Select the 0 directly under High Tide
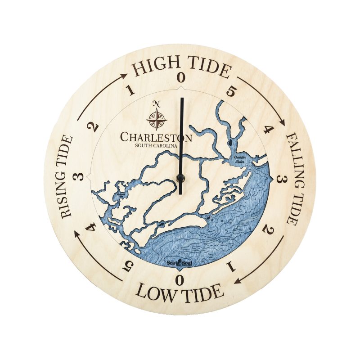(181, 77)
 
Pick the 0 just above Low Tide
(180, 280)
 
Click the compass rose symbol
(157, 119)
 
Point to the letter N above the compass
(157, 103)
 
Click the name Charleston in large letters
(156, 137)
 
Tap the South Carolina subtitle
(156, 145)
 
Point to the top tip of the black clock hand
(182, 98)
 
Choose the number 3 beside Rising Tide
(81, 176)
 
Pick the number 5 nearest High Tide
(231, 91)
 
